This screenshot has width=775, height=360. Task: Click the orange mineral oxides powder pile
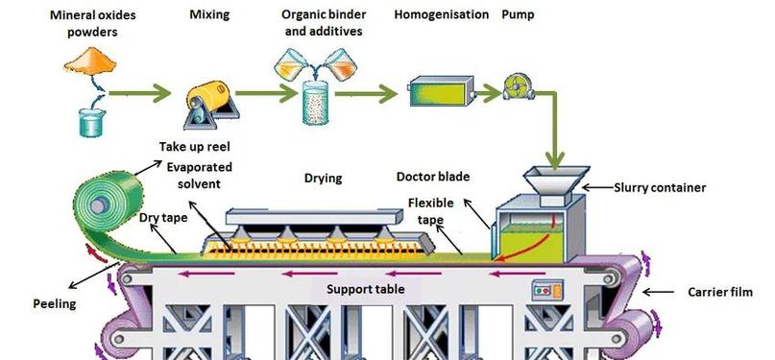(90, 61)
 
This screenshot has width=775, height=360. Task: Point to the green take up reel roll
(108, 204)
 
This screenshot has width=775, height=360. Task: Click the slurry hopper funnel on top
(556, 180)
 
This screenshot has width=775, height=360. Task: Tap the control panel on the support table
(546, 290)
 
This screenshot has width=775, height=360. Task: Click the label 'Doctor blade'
(433, 177)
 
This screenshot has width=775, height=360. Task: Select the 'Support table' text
(365, 289)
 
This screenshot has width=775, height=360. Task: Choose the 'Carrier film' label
(720, 293)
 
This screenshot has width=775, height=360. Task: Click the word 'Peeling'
(55, 303)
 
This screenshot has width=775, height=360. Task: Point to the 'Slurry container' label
(660, 187)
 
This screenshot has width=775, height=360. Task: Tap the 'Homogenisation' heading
(442, 14)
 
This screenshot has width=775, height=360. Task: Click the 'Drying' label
(324, 178)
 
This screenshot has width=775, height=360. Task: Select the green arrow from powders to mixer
(139, 93)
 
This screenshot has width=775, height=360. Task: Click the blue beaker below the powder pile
(91, 123)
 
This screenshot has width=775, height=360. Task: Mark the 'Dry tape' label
(163, 217)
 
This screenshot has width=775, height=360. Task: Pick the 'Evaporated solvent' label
(199, 176)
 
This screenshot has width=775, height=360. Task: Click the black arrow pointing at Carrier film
(659, 293)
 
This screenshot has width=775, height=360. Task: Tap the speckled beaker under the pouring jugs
(315, 102)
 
